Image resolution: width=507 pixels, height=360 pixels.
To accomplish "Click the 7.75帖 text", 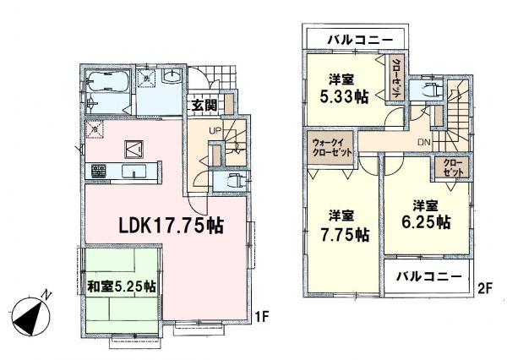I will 347,234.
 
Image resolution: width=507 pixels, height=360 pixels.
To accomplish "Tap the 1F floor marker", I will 263,317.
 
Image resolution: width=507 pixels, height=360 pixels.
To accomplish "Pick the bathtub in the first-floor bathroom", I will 105,83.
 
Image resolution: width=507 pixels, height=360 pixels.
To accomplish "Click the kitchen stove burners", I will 99,172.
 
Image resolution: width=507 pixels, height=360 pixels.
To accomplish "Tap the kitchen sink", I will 134,172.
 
